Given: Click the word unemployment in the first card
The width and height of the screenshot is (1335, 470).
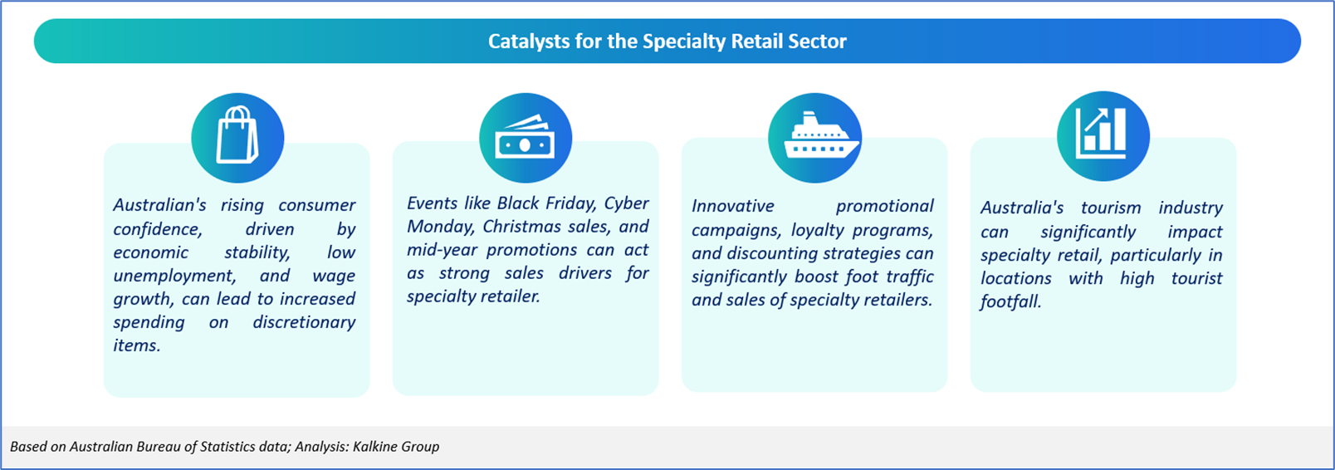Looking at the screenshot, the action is click(x=174, y=277).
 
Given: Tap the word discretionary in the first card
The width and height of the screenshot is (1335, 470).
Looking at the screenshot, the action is click(x=304, y=322).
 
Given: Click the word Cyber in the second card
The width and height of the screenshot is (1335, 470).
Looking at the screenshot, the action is click(x=626, y=203).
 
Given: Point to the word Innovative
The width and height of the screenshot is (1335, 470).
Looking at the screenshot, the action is click(x=732, y=207).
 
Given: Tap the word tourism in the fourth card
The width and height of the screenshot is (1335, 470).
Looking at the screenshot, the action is click(x=1111, y=208).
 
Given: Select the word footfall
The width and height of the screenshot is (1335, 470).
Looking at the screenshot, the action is click(x=1010, y=301).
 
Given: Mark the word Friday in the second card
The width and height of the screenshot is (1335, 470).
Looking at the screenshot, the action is click(x=570, y=203).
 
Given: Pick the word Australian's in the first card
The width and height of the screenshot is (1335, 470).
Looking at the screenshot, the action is click(x=159, y=205).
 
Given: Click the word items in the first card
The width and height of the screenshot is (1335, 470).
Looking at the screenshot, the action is click(x=136, y=345).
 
